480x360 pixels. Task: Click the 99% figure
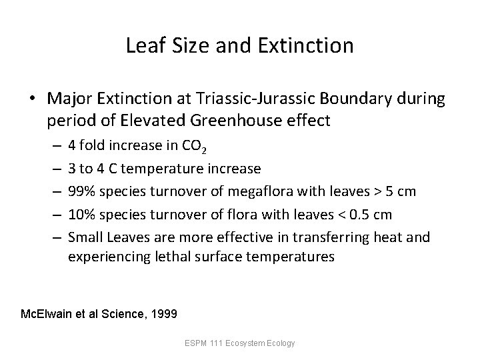81,191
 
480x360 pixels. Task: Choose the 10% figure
81,214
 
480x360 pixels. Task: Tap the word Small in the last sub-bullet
84,236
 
